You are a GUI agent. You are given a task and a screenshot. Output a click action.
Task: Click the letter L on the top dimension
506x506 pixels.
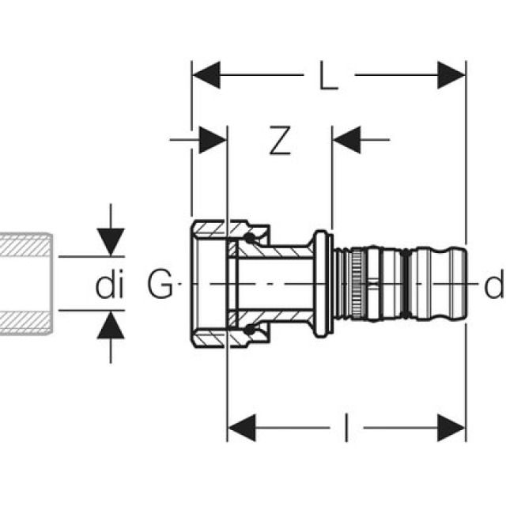[329, 77]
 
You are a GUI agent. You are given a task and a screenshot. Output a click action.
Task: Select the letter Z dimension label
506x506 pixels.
[278, 141]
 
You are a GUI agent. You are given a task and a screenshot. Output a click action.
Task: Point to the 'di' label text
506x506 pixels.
[110, 285]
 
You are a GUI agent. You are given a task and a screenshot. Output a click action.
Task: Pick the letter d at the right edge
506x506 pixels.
[493, 285]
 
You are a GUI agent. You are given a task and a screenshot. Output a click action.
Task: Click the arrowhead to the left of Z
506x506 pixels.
[213, 141]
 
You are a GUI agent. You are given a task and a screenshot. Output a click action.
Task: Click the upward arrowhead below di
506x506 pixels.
[111, 325]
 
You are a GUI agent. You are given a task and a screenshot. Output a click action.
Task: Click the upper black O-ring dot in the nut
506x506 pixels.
[251, 237]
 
